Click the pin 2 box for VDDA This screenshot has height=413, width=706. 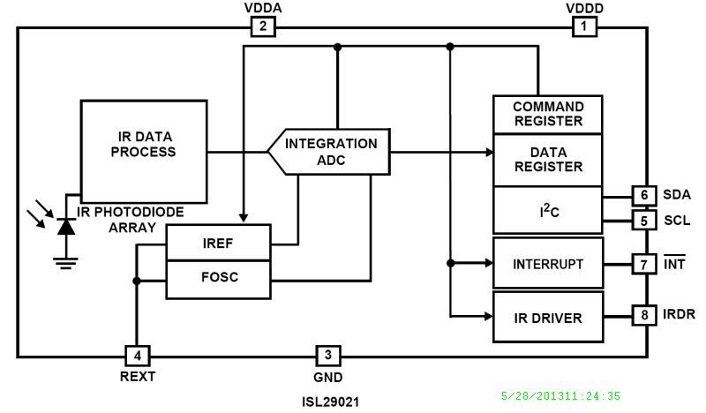click(x=263, y=27)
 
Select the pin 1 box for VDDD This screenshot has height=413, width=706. click(x=583, y=27)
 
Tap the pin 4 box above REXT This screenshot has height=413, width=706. click(x=137, y=356)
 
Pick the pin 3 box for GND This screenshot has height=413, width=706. click(x=328, y=356)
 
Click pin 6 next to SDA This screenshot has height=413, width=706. click(x=643, y=195)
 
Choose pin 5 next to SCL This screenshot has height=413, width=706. click(x=643, y=220)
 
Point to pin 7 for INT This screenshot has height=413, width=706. click(x=643, y=263)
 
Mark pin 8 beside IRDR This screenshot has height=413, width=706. click(x=643, y=313)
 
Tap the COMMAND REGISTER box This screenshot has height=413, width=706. click(x=548, y=114)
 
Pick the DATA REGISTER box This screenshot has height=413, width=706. click(x=548, y=160)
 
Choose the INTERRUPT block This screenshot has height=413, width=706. click(x=548, y=263)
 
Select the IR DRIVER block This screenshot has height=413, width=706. click(x=548, y=316)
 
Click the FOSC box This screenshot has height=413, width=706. click(x=217, y=276)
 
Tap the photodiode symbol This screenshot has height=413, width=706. click(x=64, y=225)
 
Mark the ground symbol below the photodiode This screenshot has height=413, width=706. click(x=64, y=261)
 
